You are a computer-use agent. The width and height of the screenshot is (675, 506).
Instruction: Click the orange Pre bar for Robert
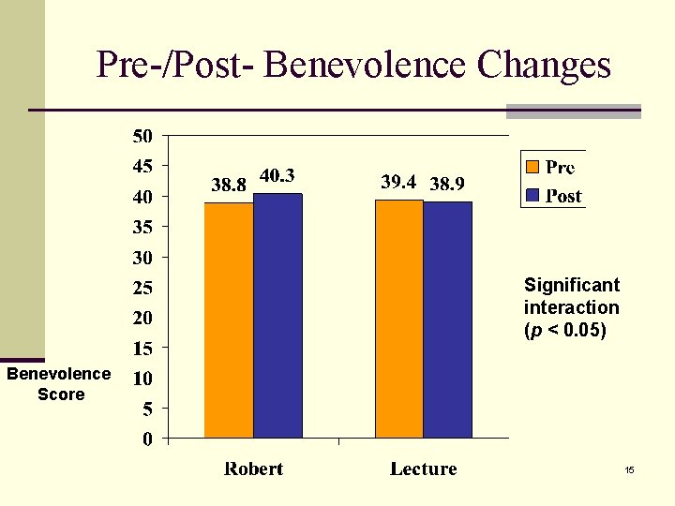tap(229, 320)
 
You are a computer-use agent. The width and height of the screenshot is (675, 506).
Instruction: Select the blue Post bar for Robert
tap(277, 316)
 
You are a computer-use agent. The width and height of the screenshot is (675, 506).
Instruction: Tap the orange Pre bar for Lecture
tap(398, 319)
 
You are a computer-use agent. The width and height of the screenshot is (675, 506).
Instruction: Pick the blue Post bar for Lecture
tap(447, 320)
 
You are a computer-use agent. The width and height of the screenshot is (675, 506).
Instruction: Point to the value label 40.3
tap(277, 175)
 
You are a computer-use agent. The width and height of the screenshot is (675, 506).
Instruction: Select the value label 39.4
tap(398, 182)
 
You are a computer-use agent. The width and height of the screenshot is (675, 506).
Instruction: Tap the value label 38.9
tap(447, 185)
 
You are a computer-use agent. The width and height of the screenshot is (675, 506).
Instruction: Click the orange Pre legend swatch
tap(532, 168)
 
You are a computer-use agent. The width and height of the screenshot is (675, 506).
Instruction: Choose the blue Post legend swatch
tap(532, 196)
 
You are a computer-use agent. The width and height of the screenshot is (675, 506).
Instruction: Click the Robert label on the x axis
tap(253, 469)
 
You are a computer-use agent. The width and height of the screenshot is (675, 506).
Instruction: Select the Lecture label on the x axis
tap(423, 469)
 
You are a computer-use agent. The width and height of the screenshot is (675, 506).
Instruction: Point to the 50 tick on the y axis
tap(142, 136)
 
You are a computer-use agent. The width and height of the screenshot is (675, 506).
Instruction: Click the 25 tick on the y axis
tap(142, 287)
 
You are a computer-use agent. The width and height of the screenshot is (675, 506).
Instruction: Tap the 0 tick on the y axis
tap(147, 439)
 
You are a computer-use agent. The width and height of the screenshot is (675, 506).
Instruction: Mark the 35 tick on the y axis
tap(142, 227)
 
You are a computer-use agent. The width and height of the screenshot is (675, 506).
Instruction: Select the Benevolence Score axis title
tap(59, 384)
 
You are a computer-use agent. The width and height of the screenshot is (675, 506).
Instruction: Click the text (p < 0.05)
tap(565, 330)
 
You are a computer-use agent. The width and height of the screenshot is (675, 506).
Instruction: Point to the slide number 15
tap(630, 469)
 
